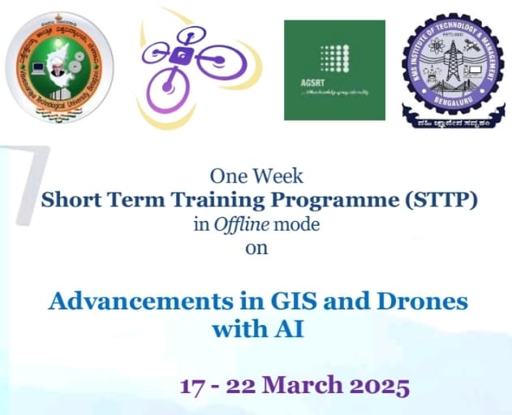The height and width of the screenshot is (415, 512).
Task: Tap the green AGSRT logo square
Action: [x=333, y=69]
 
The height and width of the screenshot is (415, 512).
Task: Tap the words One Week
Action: [x=256, y=175]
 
